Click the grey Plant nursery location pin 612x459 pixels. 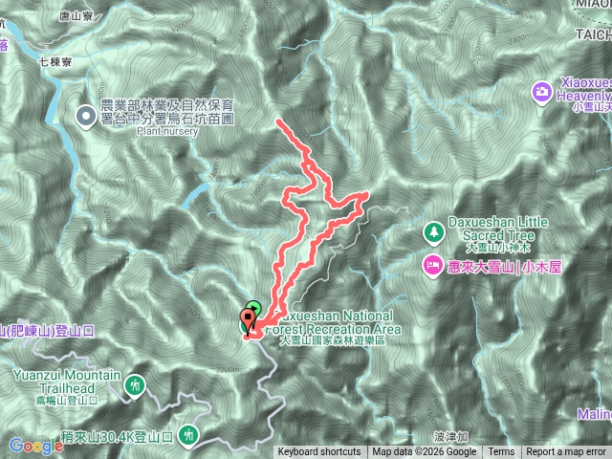click(85, 117)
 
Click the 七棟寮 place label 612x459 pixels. click(55, 60)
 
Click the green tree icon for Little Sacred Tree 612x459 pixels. click(434, 232)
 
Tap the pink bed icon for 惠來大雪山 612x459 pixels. click(432, 264)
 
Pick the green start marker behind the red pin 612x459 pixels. click(253, 307)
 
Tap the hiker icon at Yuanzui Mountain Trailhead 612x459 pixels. click(136, 384)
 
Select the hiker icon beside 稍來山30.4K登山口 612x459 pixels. click(188, 436)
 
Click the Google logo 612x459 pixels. click(35, 446)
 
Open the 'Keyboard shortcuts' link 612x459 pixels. click(319, 452)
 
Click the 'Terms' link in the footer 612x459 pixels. click(501, 452)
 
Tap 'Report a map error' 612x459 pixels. click(567, 452)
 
